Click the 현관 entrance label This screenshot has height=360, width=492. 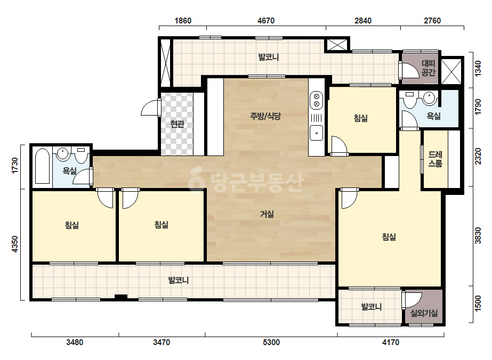tap(177, 124)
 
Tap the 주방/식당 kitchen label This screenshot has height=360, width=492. tap(265, 116)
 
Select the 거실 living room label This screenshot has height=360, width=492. tap(267, 214)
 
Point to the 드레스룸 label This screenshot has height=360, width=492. tap(435, 159)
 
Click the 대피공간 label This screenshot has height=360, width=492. tap(429, 68)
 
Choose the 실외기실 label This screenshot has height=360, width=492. tap(424, 313)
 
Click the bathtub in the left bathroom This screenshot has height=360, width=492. tap(42, 166)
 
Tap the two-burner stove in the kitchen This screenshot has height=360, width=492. tap(316, 100)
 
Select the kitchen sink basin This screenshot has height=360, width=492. tap(316, 133)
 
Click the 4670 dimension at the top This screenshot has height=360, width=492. tap(266, 21)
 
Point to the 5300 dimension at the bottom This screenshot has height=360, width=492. tap(271, 342)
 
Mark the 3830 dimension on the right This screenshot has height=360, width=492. tap(478, 236)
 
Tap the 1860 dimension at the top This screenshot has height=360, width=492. tap(183, 21)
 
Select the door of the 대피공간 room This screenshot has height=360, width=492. tap(409, 70)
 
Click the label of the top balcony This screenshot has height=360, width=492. tap(268, 57)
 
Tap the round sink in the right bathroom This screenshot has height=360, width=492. tap(429, 98)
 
